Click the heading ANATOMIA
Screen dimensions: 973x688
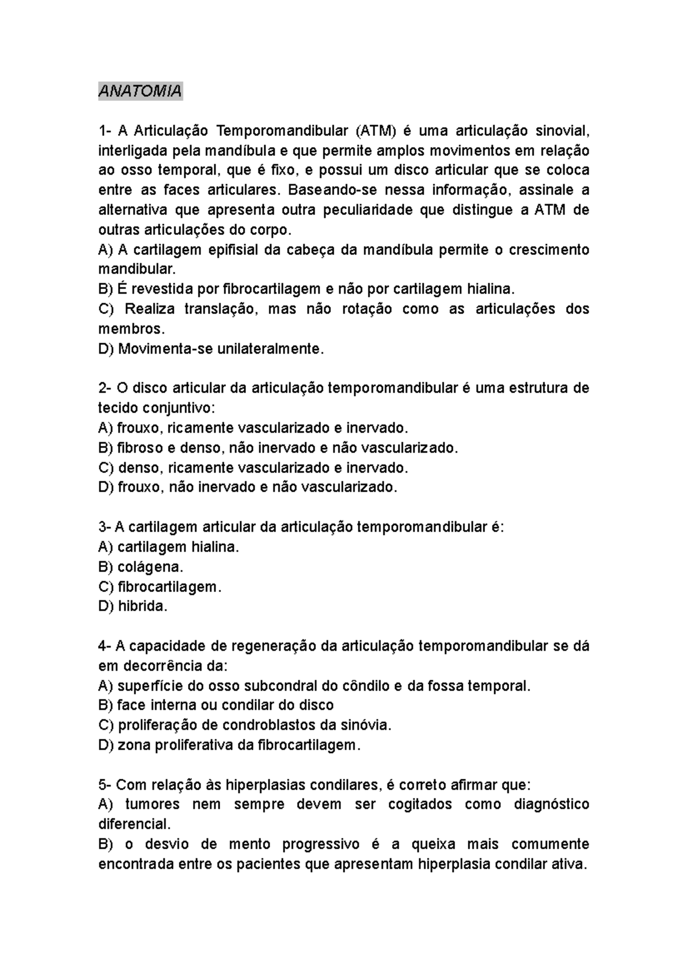tap(140, 91)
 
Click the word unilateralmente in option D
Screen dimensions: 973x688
tap(270, 348)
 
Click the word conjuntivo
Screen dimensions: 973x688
tap(178, 408)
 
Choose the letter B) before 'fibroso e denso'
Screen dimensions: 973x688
tap(105, 448)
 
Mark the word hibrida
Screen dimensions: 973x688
tap(143, 606)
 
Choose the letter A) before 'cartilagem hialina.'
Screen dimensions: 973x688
tap(105, 547)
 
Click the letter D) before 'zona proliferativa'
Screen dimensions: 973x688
tap(105, 745)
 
